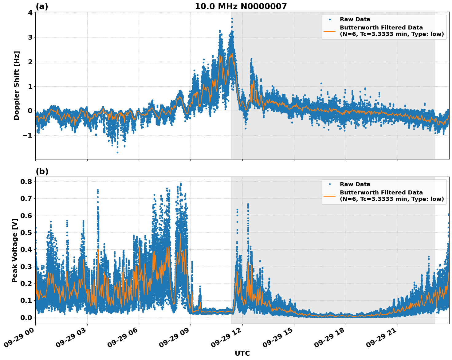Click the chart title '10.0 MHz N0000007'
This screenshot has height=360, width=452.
tap(241, 6)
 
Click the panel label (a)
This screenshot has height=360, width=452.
tap(42, 6)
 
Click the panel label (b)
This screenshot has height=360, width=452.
tap(42, 171)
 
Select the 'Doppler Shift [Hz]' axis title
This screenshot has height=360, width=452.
tap(17, 85)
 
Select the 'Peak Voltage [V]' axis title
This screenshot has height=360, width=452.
tap(14, 250)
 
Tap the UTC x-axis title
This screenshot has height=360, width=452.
tap(242, 353)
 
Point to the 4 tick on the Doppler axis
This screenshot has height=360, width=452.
tap(30, 13)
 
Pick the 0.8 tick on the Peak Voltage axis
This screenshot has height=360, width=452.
tap(26, 182)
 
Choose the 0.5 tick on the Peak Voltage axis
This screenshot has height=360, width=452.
tap(26, 233)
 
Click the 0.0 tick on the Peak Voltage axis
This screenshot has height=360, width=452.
tap(26, 318)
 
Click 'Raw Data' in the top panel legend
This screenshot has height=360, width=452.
tap(355, 19)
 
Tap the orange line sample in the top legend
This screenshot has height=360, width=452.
tap(329, 31)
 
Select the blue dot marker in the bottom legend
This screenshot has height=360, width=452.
tap(329, 184)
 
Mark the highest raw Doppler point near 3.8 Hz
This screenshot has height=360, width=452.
tap(232, 18)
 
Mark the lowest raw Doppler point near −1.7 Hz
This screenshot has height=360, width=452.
tap(117, 152)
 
